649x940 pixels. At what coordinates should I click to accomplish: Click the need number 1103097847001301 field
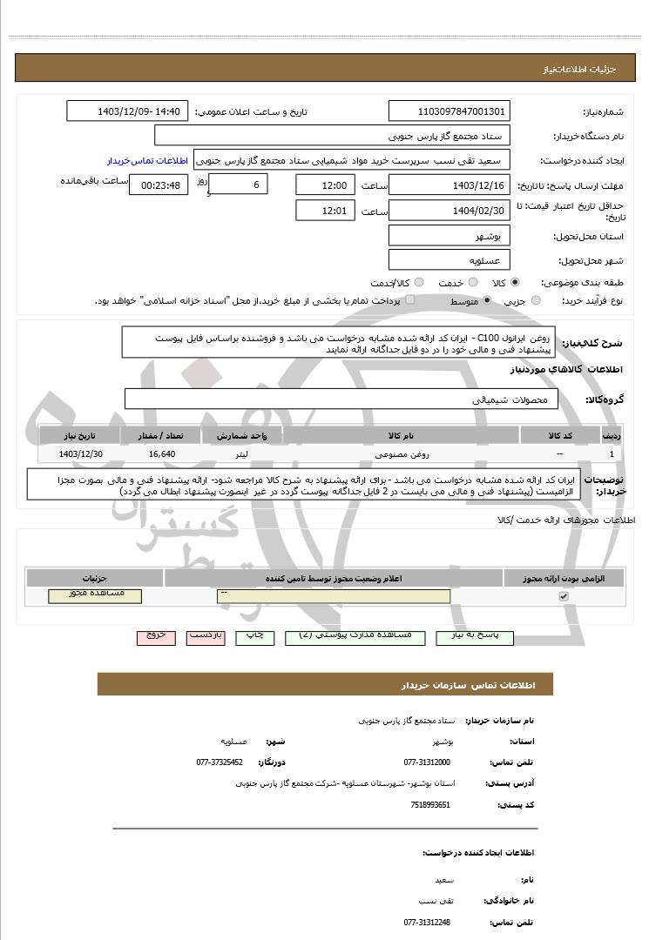tap(450, 111)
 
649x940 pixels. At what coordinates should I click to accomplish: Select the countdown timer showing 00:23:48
tap(158, 185)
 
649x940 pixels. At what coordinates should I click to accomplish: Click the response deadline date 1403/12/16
tap(450, 185)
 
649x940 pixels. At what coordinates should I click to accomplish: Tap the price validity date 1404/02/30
tap(450, 210)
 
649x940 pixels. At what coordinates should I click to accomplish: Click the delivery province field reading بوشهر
tap(450, 236)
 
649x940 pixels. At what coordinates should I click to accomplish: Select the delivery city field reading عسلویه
tap(450, 260)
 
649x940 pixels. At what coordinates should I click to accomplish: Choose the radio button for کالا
tap(516, 283)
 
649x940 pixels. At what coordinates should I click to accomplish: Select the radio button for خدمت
tap(472, 283)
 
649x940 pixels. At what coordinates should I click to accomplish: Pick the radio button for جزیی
tap(536, 300)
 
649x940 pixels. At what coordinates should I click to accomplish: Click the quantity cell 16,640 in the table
tap(162, 454)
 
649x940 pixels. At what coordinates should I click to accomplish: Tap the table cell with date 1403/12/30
tap(81, 454)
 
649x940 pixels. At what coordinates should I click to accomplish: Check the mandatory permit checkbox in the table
tap(564, 596)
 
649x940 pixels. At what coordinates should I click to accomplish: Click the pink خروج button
tap(156, 637)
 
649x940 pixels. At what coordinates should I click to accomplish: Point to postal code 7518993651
tap(430, 804)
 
